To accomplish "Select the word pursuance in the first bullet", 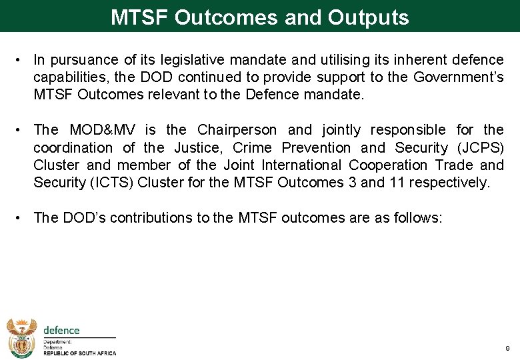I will tap(81, 60).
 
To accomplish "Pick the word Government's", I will tap(459, 77).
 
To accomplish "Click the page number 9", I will tap(507, 349).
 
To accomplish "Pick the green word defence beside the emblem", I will tap(61, 330).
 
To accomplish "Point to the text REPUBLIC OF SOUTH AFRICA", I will tap(79, 354).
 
